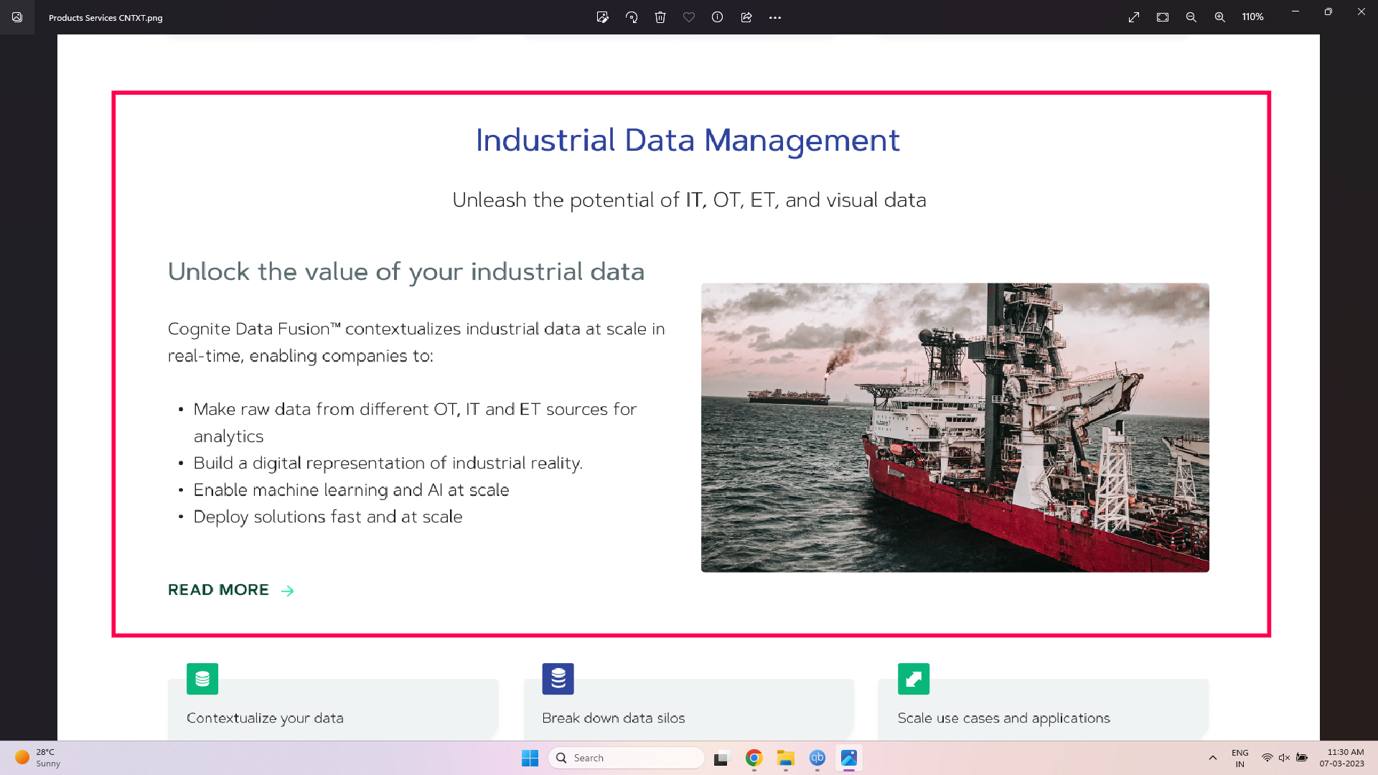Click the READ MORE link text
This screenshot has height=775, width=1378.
point(218,590)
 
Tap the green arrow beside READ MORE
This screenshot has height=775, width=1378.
point(287,591)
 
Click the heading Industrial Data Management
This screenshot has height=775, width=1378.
point(688,140)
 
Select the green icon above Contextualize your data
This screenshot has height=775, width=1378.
point(202,679)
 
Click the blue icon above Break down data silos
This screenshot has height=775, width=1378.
point(558,679)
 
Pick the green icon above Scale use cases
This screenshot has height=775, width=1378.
point(914,679)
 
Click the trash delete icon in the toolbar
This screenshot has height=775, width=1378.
point(660,17)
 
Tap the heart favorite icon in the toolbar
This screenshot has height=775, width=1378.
point(689,17)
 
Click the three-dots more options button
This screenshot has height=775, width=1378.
point(775,17)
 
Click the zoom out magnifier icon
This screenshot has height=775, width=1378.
point(1191,17)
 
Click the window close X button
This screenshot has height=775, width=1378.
point(1361,11)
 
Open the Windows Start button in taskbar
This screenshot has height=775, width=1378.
point(530,758)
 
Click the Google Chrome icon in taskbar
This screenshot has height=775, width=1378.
point(754,758)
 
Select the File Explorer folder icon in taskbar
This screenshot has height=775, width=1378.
point(785,758)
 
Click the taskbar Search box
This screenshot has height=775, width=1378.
point(626,758)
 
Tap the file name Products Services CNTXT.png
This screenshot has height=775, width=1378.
point(106,18)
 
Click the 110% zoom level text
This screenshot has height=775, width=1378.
point(1253,17)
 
